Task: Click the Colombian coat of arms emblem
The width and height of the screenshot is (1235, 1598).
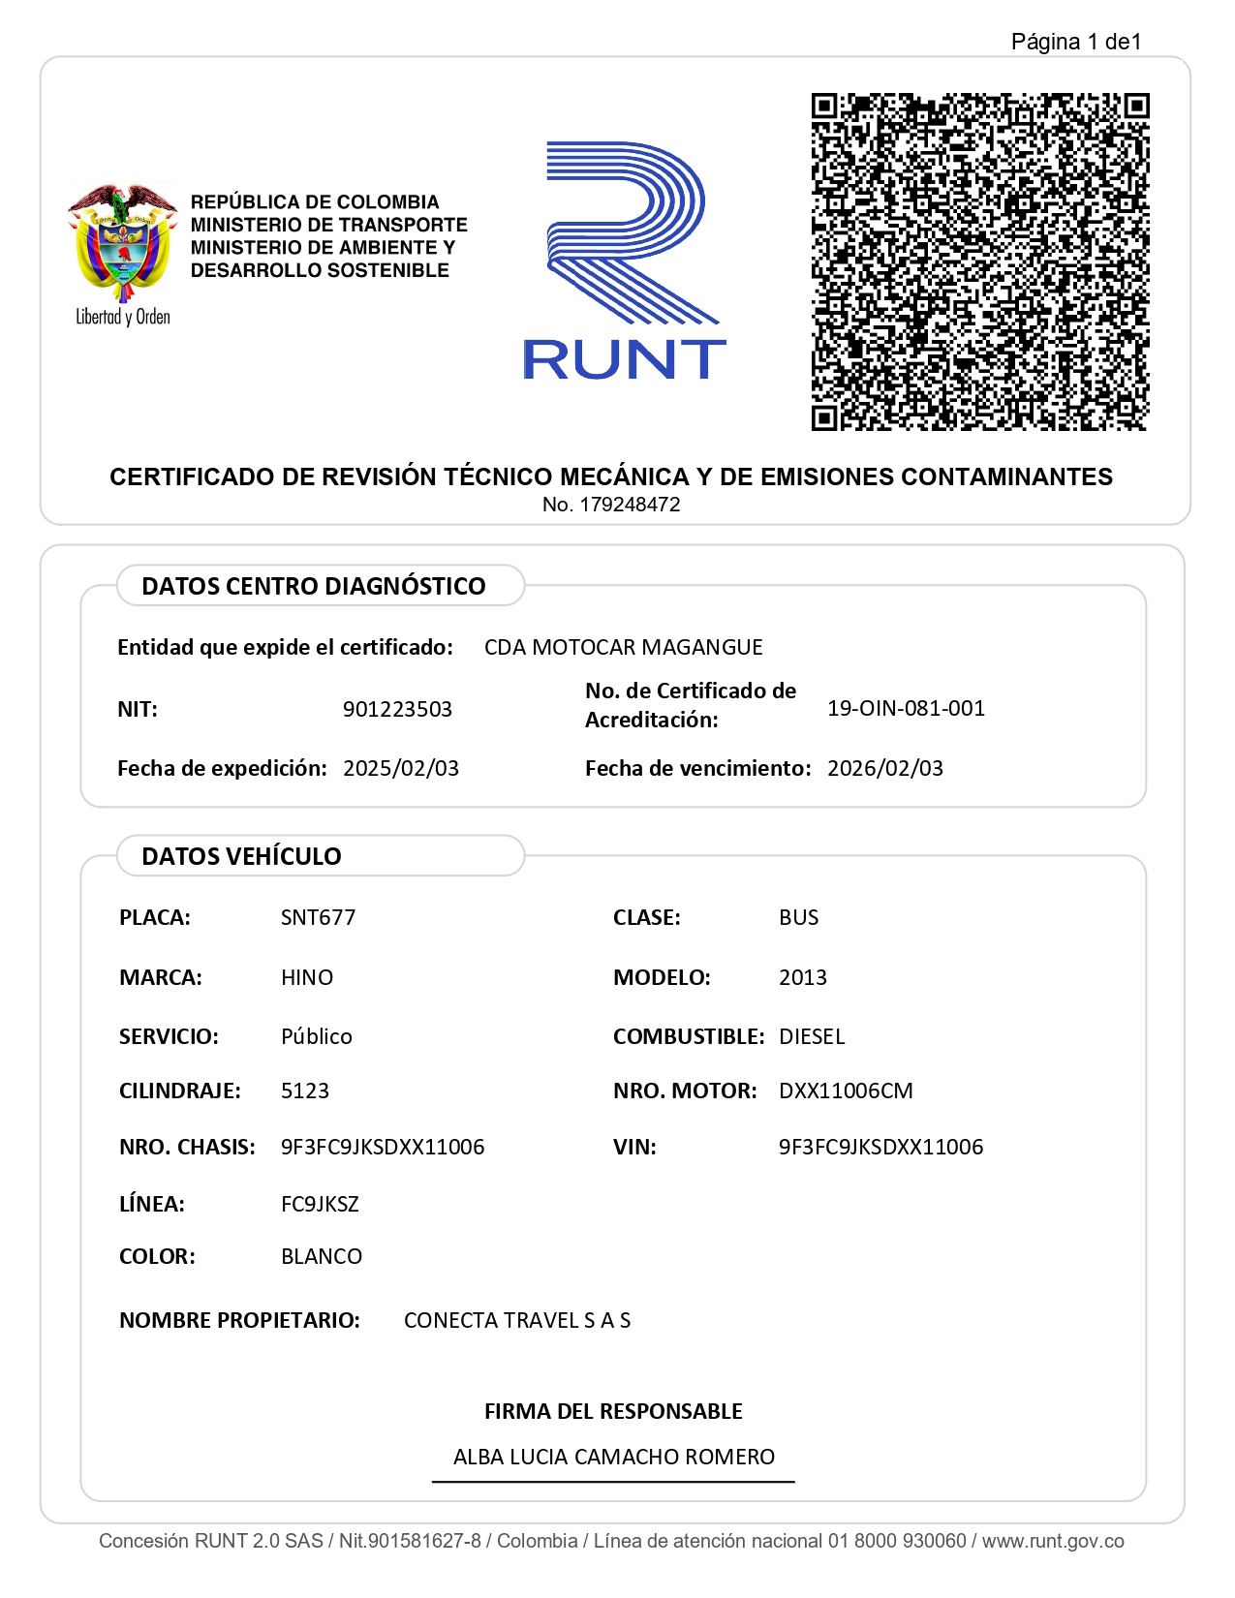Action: coord(122,243)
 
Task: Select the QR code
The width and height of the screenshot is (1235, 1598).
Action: coord(979,261)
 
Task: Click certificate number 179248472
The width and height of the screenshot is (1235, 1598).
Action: coord(630,505)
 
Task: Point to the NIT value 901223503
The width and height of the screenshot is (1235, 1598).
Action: coord(397,709)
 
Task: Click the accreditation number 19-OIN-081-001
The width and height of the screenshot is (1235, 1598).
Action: coord(906,708)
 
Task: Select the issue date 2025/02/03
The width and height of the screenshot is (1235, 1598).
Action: coord(401,768)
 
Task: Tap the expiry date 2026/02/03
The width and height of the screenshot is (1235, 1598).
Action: coord(885,768)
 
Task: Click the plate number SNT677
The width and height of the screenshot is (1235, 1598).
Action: coord(318,917)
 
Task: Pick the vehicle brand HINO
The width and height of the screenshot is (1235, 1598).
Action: coord(307,977)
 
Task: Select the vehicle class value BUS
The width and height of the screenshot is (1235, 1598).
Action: coord(799,917)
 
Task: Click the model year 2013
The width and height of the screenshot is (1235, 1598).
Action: coord(803,977)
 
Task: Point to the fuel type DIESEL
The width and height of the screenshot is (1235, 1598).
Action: coord(812,1036)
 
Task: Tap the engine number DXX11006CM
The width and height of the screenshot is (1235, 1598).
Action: coord(846,1091)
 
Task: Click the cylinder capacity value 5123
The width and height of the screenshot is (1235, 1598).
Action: coord(305,1091)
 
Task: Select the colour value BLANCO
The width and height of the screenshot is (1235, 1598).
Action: coord(322,1256)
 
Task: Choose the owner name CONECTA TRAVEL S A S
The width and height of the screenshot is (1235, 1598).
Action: coord(517,1320)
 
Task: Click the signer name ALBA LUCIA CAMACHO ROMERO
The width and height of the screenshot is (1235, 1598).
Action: coord(614,1457)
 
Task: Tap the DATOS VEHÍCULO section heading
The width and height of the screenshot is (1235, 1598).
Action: coord(241,856)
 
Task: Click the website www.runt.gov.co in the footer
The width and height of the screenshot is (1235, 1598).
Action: coord(1053,1541)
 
